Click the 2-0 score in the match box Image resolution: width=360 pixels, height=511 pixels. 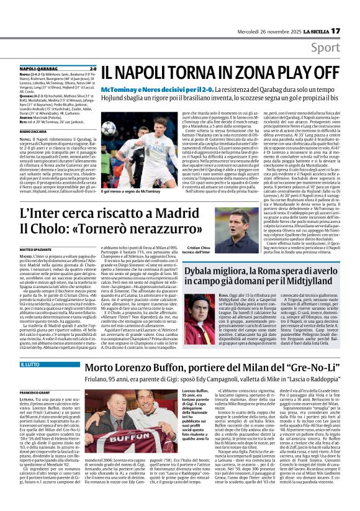[x=92, y=69]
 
